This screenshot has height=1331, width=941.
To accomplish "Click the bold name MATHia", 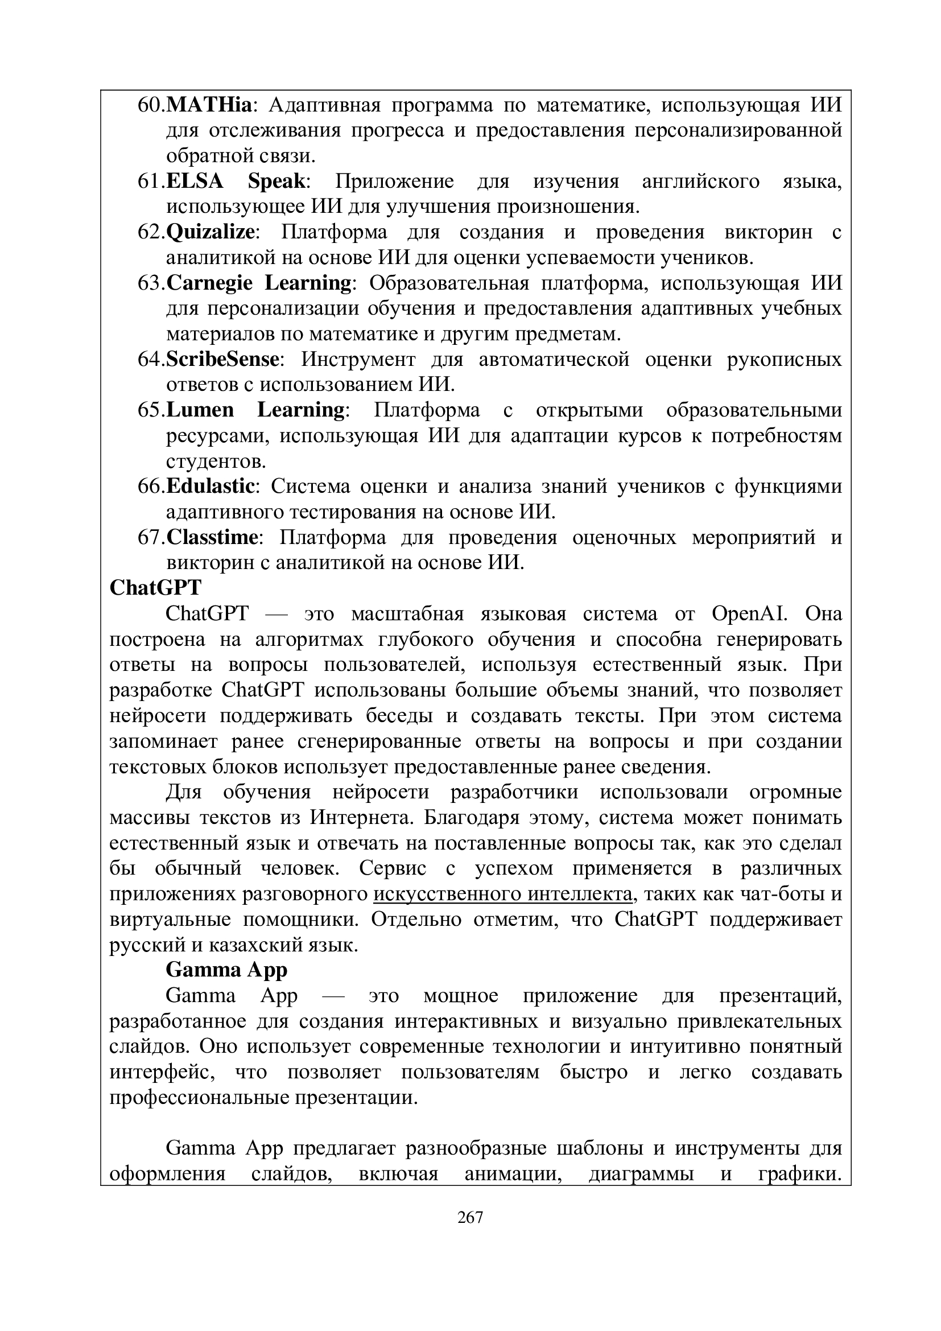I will [x=210, y=105].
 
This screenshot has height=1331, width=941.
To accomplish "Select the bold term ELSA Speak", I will [x=236, y=182].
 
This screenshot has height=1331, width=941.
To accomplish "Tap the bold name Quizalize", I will [x=211, y=233].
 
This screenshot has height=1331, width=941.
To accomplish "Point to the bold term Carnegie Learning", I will [x=259, y=283].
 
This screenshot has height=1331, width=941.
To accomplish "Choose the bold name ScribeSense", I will [x=222, y=360].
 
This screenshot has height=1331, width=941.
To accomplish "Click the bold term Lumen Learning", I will [x=255, y=410].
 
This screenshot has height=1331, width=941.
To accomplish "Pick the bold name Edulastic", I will [x=211, y=486].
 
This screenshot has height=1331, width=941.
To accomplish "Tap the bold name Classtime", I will [x=212, y=537].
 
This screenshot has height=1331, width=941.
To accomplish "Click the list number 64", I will [x=151, y=360].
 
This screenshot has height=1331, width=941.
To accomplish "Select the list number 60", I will [x=151, y=105].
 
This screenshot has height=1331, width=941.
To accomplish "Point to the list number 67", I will [x=151, y=537].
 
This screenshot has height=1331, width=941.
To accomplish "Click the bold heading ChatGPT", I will [x=155, y=588].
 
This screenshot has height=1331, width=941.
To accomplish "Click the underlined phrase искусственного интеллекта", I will [x=502, y=894].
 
